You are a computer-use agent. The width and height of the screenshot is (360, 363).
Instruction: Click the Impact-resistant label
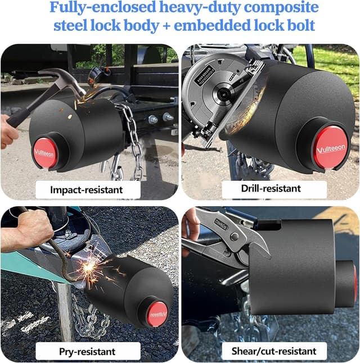pos(86,189)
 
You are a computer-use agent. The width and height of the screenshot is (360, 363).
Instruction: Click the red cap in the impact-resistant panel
pos(45,152)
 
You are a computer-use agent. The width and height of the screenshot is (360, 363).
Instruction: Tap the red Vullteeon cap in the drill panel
pos(330,147)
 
